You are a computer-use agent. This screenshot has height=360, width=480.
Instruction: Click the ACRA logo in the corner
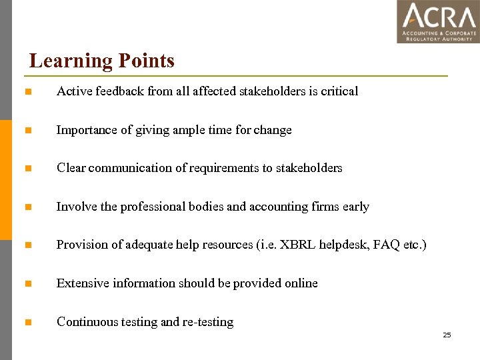pyautogui.click(x=438, y=21)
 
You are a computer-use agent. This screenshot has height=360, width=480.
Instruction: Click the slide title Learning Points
pyautogui.click(x=102, y=61)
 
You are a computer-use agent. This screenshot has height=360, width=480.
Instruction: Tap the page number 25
pyautogui.click(x=447, y=335)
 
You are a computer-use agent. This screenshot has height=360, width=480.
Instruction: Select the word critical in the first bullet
pyautogui.click(x=339, y=91)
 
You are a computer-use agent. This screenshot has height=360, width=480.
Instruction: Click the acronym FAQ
pyautogui.click(x=387, y=245)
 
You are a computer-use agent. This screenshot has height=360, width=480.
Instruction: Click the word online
pyautogui.click(x=300, y=283)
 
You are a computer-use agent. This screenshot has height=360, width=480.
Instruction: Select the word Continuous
pyautogui.click(x=87, y=322)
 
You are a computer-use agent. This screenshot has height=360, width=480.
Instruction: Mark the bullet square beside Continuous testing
pyautogui.click(x=27, y=322)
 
